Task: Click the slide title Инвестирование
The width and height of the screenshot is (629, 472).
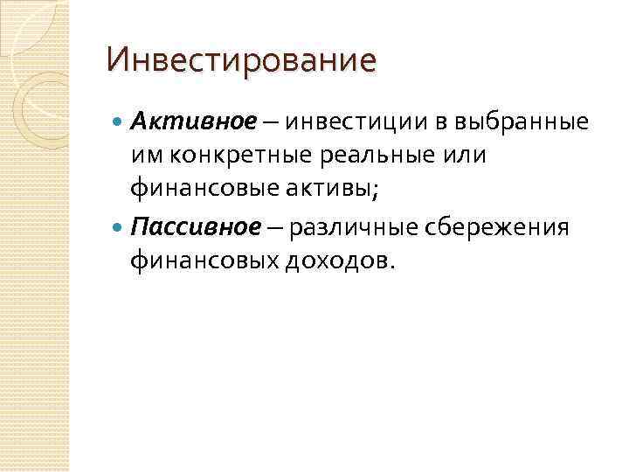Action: click(x=240, y=61)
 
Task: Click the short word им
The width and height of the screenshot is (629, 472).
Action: click(x=145, y=154)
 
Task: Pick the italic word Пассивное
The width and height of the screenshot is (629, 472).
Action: click(x=195, y=227)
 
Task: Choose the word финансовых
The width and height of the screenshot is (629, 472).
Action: click(x=204, y=260)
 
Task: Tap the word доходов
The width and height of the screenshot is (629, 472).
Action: click(x=339, y=260)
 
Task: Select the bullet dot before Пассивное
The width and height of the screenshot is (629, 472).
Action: click(x=119, y=227)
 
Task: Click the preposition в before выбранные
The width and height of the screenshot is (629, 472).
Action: click(x=426, y=121)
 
